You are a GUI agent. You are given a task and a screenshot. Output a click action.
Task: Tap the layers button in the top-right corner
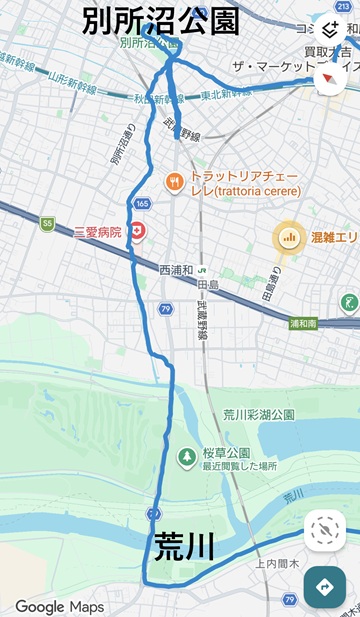pos(331,30)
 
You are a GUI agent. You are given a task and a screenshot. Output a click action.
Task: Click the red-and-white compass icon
pos(331,77)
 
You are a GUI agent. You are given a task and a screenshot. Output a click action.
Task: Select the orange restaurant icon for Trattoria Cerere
pos(173,182)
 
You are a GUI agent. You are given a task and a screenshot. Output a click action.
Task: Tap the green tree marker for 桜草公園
pos(186,457)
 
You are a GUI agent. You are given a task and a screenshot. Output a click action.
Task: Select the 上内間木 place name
pos(272,564)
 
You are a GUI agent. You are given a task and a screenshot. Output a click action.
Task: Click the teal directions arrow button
pos(324,587)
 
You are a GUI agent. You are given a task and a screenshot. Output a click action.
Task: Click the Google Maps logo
pos(59,606)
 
